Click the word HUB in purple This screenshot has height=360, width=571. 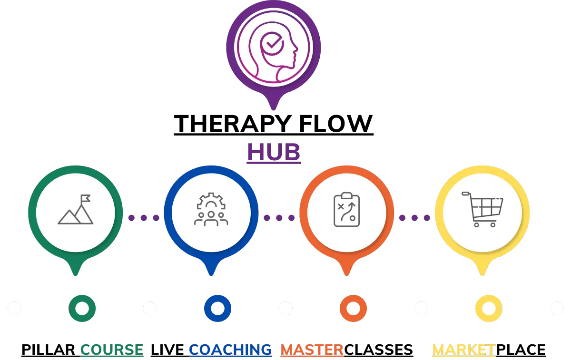click(x=274, y=152)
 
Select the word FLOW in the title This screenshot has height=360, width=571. click(x=336, y=124)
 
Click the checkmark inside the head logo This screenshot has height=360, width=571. click(x=273, y=43)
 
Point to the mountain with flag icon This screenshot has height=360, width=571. click(x=76, y=209)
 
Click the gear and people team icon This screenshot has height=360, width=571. click(x=211, y=209)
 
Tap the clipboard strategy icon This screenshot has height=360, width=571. click(x=347, y=209)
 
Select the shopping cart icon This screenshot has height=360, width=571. click(x=482, y=209)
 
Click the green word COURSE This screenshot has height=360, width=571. click(x=112, y=350)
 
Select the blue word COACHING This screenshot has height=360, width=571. click(x=230, y=350)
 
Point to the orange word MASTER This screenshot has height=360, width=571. click(x=312, y=350)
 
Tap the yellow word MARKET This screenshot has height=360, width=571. click(x=464, y=350)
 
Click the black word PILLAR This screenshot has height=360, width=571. click(x=48, y=350)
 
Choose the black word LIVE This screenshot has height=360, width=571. click(x=167, y=350)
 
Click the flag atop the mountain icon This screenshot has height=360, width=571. click(x=85, y=198)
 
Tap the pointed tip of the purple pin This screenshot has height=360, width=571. click(x=274, y=109)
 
